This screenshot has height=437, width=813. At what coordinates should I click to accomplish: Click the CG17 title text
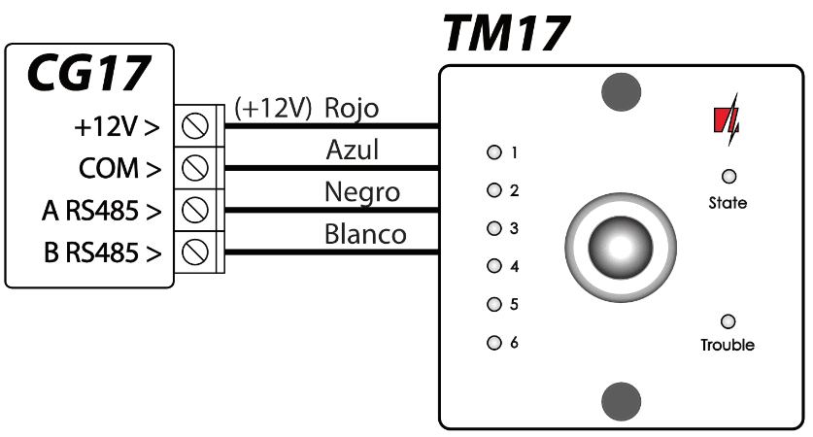point(88,72)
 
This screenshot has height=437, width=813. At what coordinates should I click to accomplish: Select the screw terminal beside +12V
point(196,125)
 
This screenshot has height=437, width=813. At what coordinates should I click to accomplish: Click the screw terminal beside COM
point(196,167)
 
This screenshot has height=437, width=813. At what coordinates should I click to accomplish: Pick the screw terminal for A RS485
point(196,209)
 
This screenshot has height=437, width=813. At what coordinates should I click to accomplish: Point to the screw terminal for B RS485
point(196,251)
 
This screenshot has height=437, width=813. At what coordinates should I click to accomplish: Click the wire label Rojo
point(352,107)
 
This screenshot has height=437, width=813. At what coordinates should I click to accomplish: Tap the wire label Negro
point(361,192)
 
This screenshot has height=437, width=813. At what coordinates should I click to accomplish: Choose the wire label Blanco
point(365,234)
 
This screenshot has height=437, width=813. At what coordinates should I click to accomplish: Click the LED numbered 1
point(493,152)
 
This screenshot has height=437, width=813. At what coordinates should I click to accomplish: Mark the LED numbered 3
point(493,228)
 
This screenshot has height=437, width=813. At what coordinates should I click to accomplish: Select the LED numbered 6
point(493,342)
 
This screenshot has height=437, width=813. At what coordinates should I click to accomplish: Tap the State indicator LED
point(728,176)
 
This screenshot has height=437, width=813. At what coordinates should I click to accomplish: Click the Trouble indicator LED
point(728,321)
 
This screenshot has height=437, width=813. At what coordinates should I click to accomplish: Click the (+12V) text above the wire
point(274,108)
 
